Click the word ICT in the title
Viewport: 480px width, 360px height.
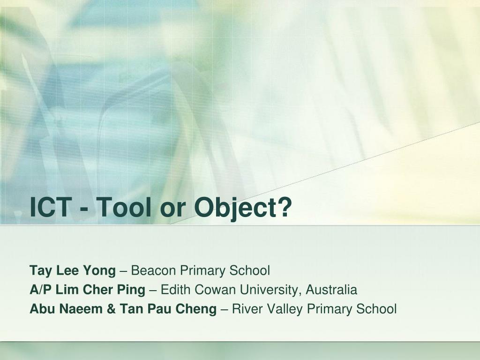51,207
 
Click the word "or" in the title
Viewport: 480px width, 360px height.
173,210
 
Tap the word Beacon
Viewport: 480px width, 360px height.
153,270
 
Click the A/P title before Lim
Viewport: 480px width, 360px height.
41,290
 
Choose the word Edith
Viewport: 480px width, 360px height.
175,290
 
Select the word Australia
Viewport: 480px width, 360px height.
331,290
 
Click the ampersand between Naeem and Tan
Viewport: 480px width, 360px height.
112,309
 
